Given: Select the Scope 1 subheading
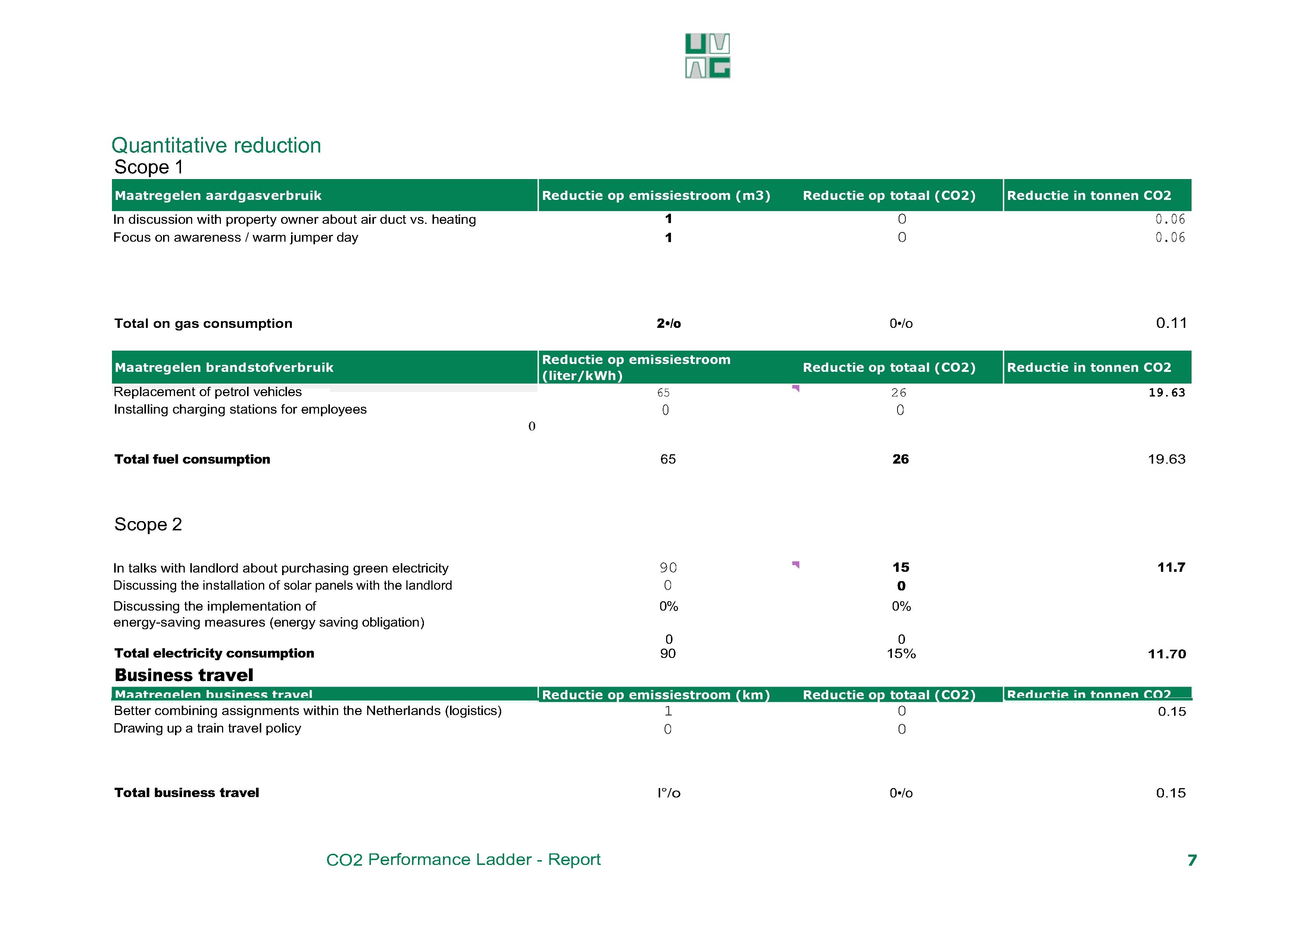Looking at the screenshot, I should pyautogui.click(x=149, y=167).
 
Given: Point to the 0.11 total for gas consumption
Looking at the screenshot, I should pyautogui.click(x=1171, y=323).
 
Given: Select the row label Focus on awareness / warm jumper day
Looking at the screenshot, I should pyautogui.click(x=235, y=238).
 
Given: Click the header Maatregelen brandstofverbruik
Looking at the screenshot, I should pyautogui.click(x=224, y=367).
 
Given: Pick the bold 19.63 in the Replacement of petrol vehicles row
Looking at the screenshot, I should pyautogui.click(x=1166, y=392).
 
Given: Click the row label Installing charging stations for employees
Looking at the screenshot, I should pyautogui.click(x=240, y=410).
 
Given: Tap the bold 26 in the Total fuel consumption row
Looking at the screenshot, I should pyautogui.click(x=900, y=459).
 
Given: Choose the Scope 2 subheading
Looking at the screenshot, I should pyautogui.click(x=148, y=524).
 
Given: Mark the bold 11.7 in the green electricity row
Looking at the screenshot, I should pyautogui.click(x=1171, y=567).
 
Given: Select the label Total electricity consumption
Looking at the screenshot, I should pyautogui.click(x=214, y=653).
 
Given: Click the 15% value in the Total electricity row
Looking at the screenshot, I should pyautogui.click(x=901, y=653).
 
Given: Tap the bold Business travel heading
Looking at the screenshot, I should pyautogui.click(x=184, y=675).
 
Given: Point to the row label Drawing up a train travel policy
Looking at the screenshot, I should pyautogui.click(x=207, y=728).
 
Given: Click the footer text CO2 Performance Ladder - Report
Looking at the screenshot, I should pyautogui.click(x=463, y=859).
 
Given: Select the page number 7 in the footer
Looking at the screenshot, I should pyautogui.click(x=1192, y=860).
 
